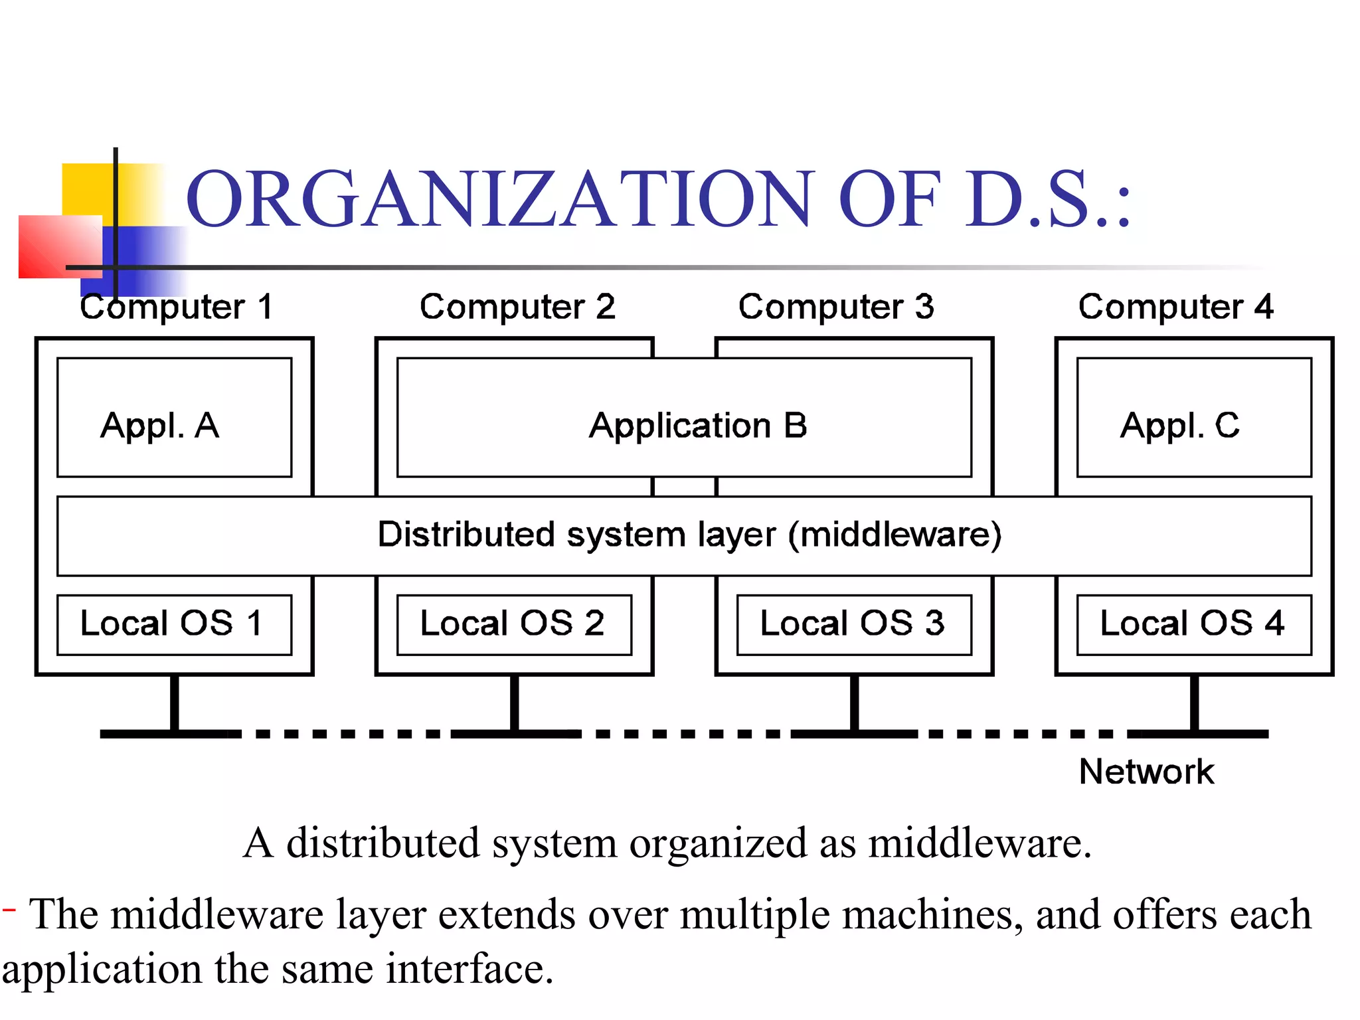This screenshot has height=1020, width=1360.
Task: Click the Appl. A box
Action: coord(174,418)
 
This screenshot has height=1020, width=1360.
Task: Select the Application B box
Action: coord(684,418)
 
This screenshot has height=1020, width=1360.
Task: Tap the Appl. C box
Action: coord(1194,418)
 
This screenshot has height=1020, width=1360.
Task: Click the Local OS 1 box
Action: coord(174,625)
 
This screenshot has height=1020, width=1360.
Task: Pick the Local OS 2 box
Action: coord(514,625)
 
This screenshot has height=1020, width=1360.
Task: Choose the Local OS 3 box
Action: coord(854,625)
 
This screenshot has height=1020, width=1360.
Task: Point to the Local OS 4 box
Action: coord(1194,625)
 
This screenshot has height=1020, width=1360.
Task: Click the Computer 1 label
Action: coord(177,307)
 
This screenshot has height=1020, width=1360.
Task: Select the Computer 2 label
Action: coord(517,307)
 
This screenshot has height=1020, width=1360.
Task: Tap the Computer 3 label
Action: coord(836,307)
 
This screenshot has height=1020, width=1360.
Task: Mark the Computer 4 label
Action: coord(1176,307)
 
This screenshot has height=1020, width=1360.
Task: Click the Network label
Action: coord(1146,772)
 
